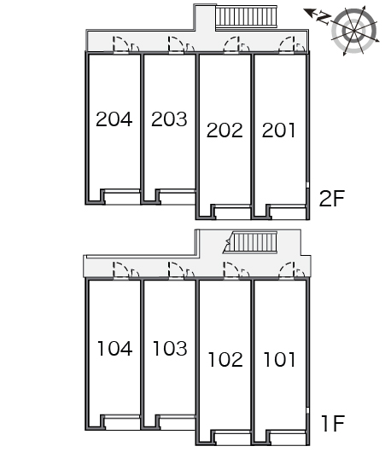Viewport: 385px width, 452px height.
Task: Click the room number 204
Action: (x=114, y=119)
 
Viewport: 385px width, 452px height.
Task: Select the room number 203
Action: (x=169, y=119)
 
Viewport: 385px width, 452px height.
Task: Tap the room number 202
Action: (x=225, y=130)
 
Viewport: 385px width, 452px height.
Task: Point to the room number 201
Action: (x=279, y=130)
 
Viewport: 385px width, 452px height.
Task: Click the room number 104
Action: (x=115, y=348)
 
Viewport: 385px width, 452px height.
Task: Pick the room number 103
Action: (x=170, y=348)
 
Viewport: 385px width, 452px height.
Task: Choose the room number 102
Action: (x=225, y=359)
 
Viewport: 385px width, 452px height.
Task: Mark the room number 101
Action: (x=280, y=359)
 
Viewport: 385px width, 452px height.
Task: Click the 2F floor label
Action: (x=332, y=199)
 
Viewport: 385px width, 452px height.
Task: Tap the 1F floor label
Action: (x=333, y=423)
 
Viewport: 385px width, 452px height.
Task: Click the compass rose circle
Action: (x=353, y=31)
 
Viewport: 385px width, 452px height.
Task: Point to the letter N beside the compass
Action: (x=324, y=18)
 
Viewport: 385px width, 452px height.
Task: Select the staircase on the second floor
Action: (x=246, y=16)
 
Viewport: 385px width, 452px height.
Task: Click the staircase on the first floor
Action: (x=250, y=241)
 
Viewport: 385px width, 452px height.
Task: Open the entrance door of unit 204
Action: (x=121, y=44)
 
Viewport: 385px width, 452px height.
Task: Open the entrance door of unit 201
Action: (x=287, y=44)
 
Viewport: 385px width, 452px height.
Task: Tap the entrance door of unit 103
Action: (x=177, y=270)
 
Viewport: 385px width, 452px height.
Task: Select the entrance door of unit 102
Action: (x=231, y=270)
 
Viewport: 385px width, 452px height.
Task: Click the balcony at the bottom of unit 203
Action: (x=178, y=197)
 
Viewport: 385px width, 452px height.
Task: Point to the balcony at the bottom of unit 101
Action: (x=288, y=438)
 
